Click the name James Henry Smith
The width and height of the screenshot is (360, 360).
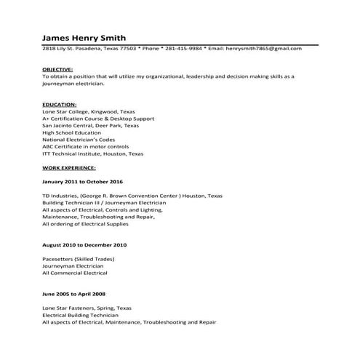tap(84, 37)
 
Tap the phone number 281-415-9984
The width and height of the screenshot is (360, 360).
tap(184, 48)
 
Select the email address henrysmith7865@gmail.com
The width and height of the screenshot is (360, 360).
tap(265, 48)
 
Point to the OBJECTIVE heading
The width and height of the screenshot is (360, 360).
tap(57, 68)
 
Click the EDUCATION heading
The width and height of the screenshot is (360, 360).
tap(59, 104)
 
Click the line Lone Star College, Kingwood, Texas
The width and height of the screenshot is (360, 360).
tap(89, 111)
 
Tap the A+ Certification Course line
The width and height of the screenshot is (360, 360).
tap(98, 118)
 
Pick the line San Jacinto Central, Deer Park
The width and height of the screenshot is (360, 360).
tap(90, 125)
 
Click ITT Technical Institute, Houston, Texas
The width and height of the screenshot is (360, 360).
tap(93, 153)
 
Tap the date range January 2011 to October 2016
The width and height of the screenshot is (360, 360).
tap(83, 181)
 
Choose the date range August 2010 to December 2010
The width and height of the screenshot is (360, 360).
tap(84, 245)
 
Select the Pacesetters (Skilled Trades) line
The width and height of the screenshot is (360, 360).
tap(79, 259)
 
